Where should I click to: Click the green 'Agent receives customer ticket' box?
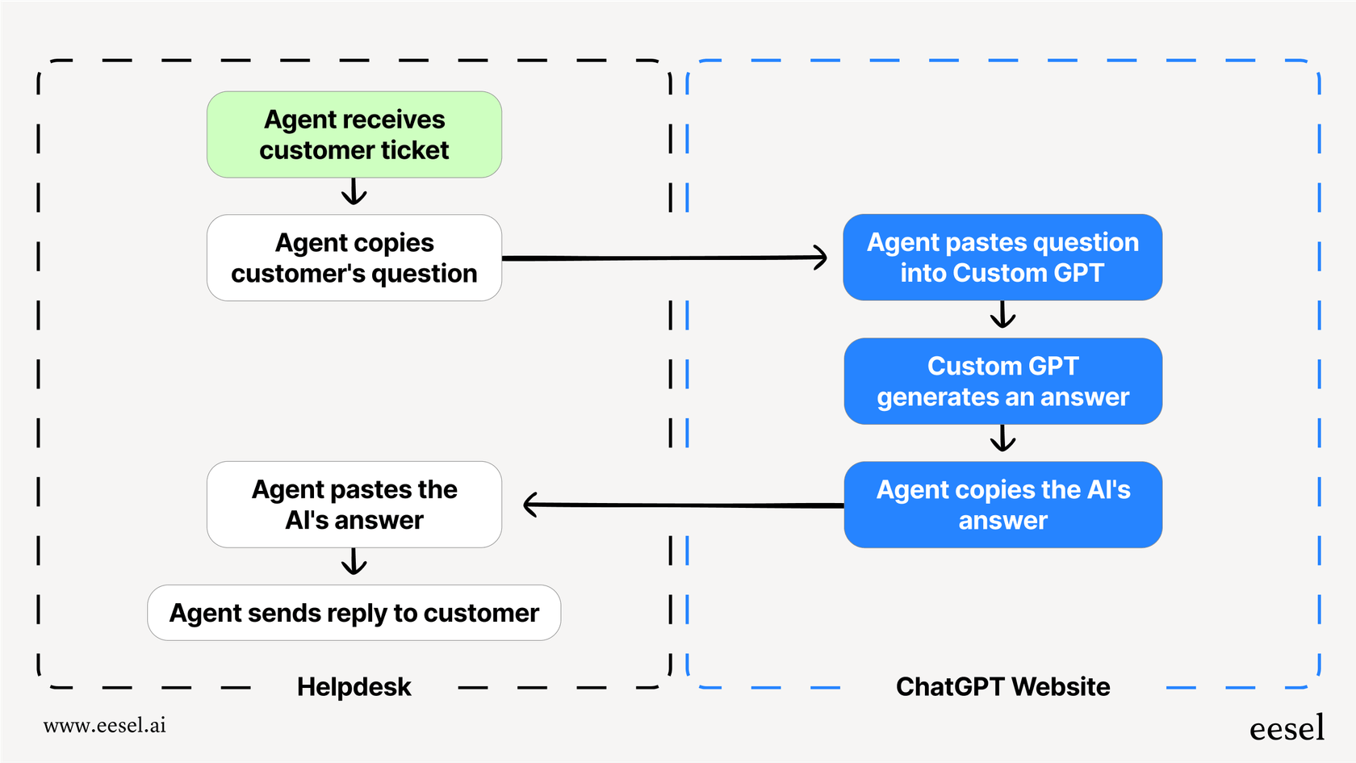354,134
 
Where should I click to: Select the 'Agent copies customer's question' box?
354,258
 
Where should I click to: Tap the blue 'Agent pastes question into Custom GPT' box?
1002,257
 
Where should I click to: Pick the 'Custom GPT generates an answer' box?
1002,381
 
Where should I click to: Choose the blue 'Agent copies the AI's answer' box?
1002,505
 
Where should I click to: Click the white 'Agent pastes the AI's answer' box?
354,505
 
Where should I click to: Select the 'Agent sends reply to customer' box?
354,613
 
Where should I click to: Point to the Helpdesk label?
354,686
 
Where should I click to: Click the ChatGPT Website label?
1002,686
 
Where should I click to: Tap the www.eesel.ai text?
105,725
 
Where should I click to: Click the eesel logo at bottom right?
1287,727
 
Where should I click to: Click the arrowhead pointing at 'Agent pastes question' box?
820,258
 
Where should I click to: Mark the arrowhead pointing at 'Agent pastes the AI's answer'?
531,505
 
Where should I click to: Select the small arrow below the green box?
354,192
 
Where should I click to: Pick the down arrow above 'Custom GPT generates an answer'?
1002,315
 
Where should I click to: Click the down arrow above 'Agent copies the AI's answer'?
1002,438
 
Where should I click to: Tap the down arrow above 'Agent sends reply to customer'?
354,562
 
